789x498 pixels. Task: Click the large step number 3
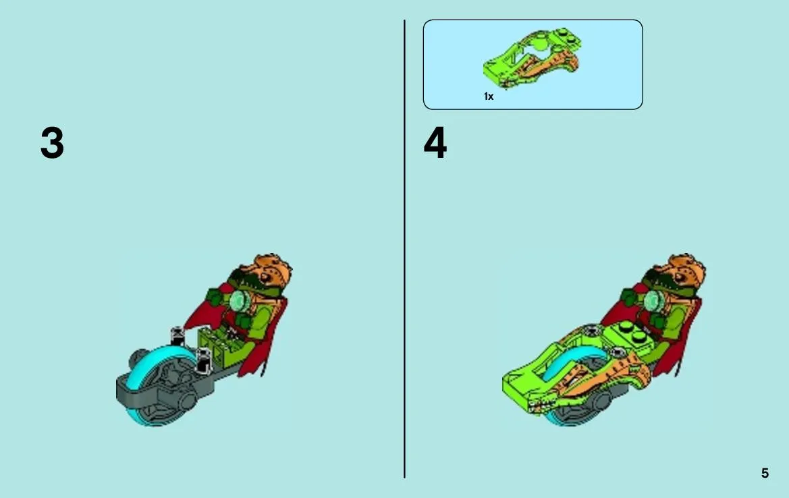coord(53,143)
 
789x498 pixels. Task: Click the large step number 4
coord(435,143)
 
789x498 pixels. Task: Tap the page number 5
coord(765,473)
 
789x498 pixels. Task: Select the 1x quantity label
coord(489,96)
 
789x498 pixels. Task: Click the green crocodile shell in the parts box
coord(531,58)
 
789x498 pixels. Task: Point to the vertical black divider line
coord(404,249)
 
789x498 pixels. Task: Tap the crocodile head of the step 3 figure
coord(262,277)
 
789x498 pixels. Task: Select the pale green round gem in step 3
coord(240,302)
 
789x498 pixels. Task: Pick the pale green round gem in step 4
coord(653,302)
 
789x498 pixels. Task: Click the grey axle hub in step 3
coord(187,402)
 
